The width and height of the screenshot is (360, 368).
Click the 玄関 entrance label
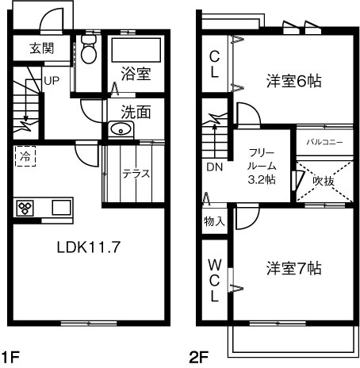tap(42, 48)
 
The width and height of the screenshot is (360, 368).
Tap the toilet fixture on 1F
tap(88, 52)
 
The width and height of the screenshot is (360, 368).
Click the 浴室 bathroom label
tap(136, 74)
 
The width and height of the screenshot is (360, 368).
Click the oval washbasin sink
tap(121, 130)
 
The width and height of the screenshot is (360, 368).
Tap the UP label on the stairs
tap(52, 80)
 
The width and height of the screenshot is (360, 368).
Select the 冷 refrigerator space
tap(26, 157)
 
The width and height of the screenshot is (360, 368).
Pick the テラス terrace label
tap(136, 174)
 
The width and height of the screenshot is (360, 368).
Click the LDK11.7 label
tap(87, 246)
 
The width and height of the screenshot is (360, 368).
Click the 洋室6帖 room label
tap(293, 79)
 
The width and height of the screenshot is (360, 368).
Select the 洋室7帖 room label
tap(293, 267)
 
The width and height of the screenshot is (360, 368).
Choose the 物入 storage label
tap(214, 220)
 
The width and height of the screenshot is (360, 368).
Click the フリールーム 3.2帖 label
tap(262, 166)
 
